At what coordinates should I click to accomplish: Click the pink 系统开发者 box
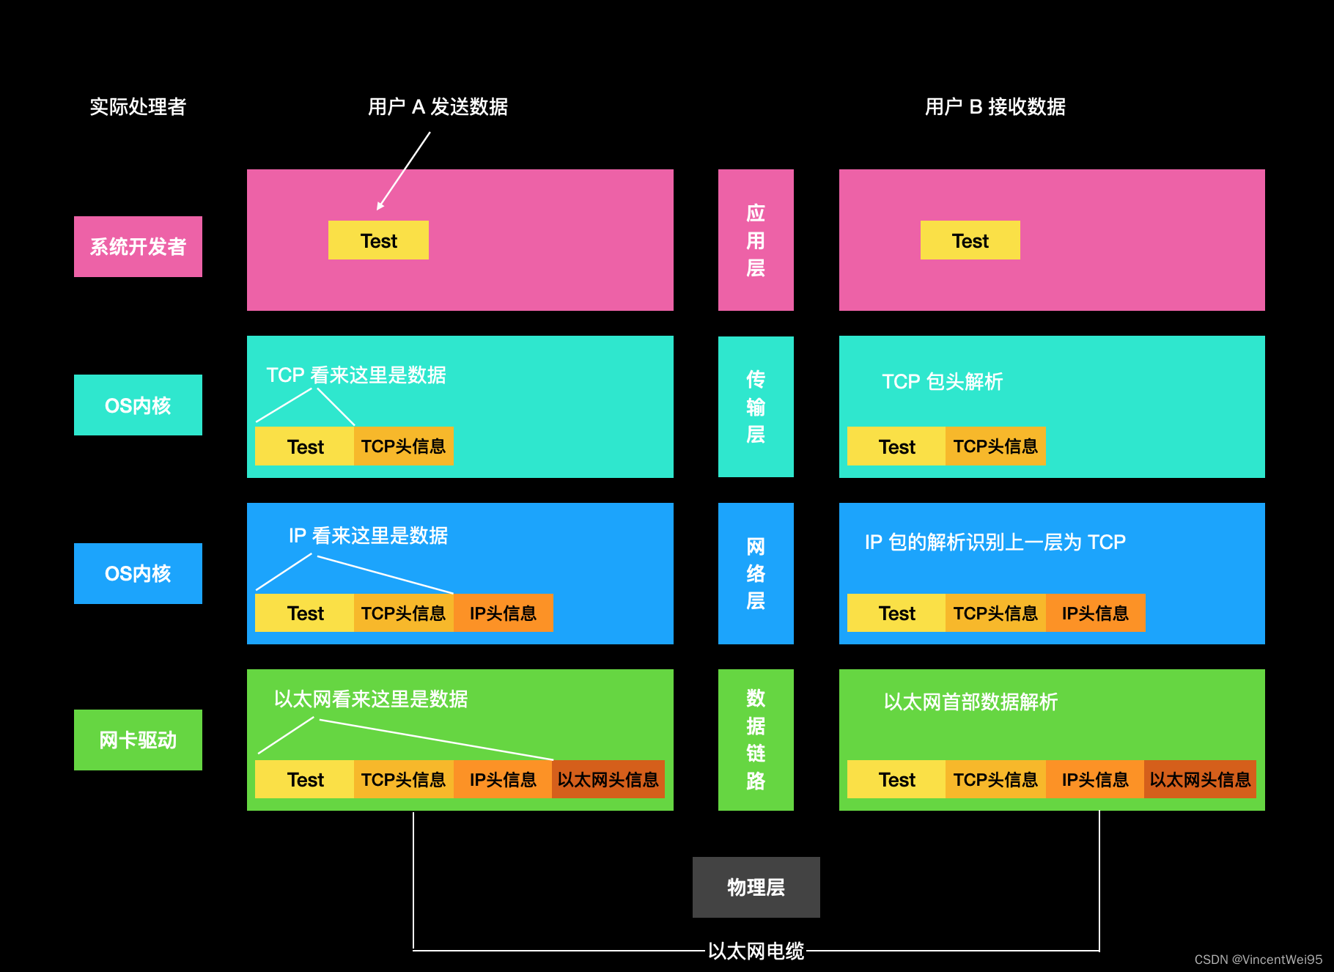[138, 246]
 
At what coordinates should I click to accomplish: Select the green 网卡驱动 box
[138, 740]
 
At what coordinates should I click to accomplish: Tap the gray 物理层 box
[756, 887]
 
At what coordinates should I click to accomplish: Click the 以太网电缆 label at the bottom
[756, 951]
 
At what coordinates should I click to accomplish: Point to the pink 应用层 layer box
[756, 240]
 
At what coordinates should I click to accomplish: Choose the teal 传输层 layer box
[756, 407]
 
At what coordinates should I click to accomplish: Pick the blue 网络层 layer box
[756, 573]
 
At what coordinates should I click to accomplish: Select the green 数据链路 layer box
[756, 740]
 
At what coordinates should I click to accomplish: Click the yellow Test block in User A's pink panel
[378, 240]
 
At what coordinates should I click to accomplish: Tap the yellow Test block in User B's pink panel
[970, 240]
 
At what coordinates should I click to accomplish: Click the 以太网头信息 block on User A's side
[608, 779]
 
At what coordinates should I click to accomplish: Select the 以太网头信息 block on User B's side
[1200, 779]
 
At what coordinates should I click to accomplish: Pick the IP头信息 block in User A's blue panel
[503, 613]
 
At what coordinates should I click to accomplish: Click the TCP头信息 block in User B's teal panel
[995, 446]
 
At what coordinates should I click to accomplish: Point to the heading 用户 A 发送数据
[438, 107]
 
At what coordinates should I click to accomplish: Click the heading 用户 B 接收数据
[995, 107]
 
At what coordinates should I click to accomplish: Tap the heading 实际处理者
[138, 107]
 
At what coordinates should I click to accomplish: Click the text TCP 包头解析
[942, 381]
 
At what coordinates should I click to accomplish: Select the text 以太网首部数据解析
[970, 702]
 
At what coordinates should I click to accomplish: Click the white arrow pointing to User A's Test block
[404, 171]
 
